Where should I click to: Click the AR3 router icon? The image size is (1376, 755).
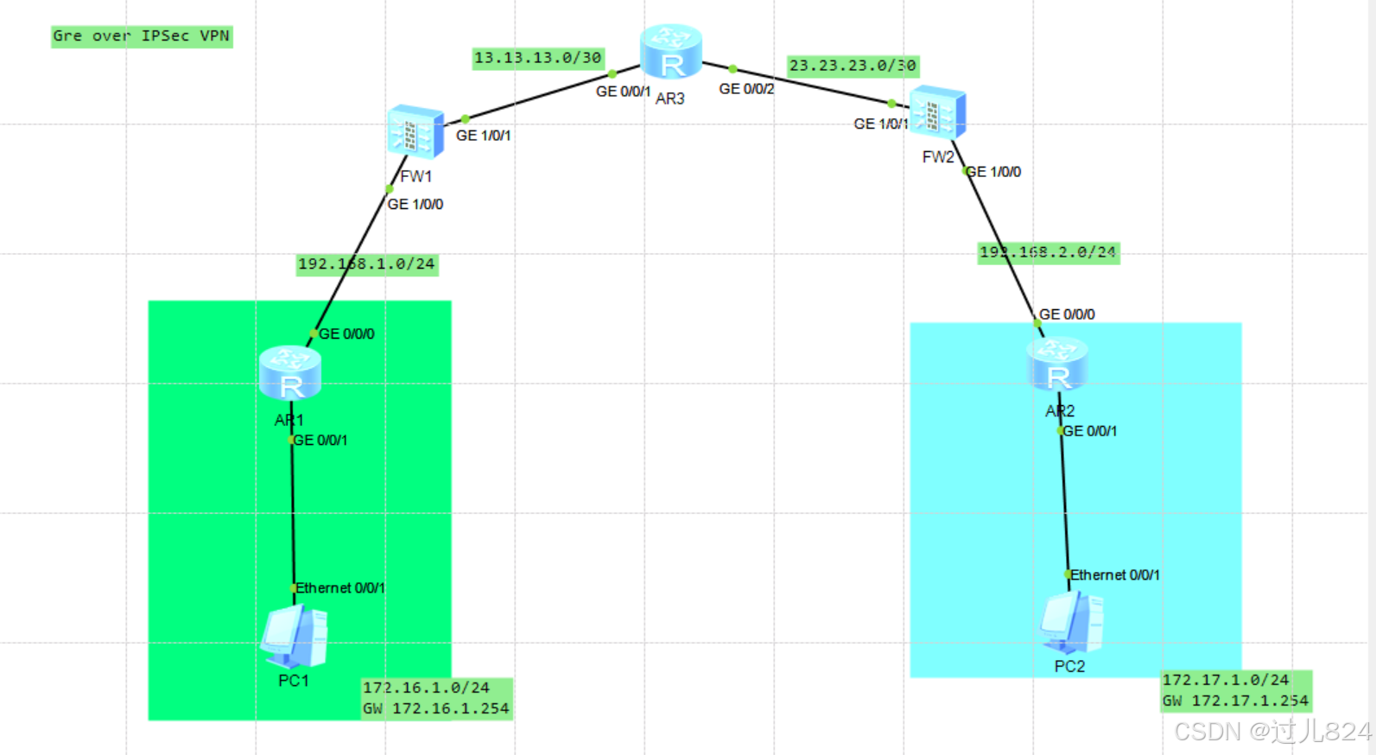coord(670,53)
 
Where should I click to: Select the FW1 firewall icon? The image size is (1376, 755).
coord(415,132)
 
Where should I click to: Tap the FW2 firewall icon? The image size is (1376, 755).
coord(937,112)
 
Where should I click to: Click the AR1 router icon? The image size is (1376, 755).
coord(290,372)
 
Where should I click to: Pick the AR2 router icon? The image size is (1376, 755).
coord(1057,364)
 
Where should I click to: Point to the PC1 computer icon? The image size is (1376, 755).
coord(294,637)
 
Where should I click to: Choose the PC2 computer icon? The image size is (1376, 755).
coord(1071,622)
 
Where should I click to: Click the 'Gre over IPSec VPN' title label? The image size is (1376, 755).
coord(142,36)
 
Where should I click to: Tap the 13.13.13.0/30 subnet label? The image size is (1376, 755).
coord(537,58)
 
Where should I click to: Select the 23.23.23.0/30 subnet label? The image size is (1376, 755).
coord(853,66)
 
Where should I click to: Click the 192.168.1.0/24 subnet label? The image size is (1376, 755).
coord(366,263)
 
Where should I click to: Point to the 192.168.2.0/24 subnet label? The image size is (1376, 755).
coord(1048,252)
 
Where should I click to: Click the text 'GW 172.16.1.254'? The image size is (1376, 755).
coord(436,709)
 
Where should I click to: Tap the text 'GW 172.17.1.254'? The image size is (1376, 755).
coord(1235,701)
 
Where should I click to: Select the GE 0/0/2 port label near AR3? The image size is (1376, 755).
coord(747,89)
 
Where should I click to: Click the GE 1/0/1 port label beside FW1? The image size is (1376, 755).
coord(484,136)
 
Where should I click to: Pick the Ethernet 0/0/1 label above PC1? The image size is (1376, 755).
coord(340,588)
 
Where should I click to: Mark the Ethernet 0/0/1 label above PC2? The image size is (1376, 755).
coord(1115,575)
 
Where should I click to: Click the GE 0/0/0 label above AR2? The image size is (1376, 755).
coord(1067,314)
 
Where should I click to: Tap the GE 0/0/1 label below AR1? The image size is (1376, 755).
coord(320,441)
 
